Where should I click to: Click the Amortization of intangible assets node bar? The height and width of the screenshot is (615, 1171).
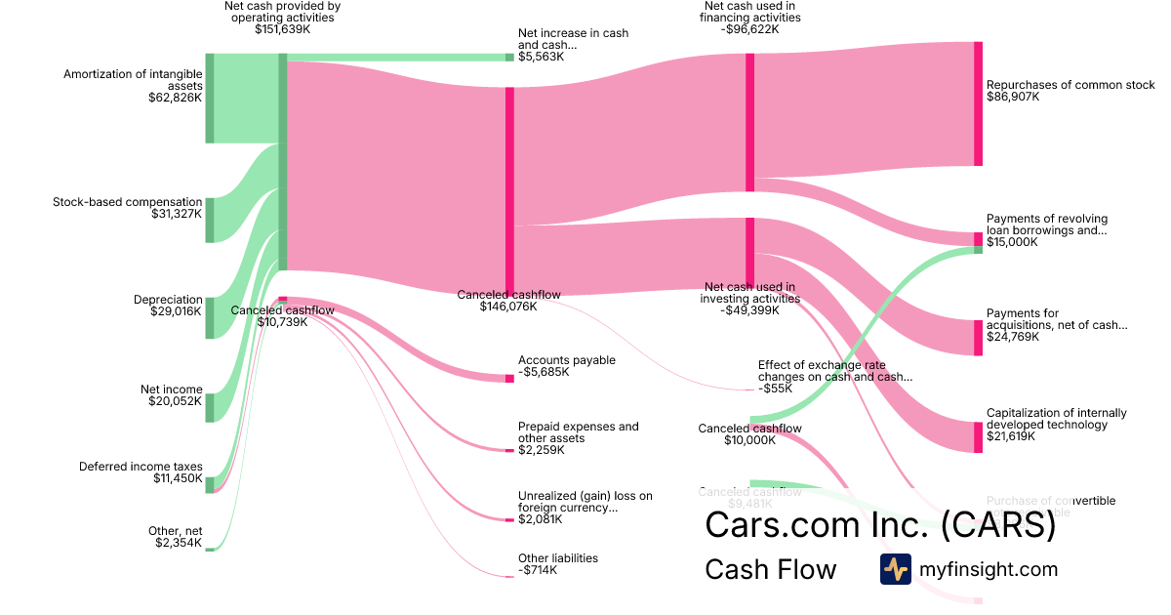209,99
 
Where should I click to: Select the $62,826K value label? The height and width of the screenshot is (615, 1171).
175,98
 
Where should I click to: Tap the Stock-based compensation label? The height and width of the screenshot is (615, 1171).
127,202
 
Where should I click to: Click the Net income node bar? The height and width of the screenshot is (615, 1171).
209,407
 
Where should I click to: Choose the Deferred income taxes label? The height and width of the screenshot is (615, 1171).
141,467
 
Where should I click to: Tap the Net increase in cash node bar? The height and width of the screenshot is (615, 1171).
509,57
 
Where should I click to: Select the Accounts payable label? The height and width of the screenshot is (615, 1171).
566,360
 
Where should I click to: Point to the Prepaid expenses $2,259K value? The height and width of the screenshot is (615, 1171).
541,450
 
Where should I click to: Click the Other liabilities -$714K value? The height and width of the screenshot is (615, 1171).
538,570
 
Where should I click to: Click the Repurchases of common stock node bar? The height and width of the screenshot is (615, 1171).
978,103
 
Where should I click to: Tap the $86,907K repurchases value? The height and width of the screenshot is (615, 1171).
1013,98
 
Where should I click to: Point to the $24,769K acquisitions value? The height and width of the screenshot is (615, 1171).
1013,337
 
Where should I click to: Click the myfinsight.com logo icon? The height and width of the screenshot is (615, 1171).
895,569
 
